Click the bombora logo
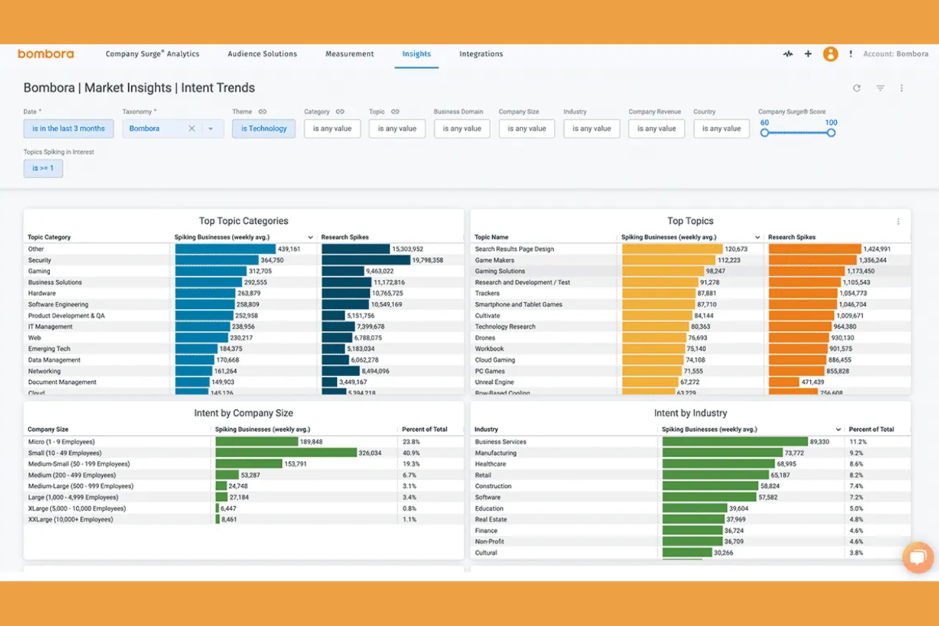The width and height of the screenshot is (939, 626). [x=46, y=54]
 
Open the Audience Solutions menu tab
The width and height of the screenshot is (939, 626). [x=262, y=54]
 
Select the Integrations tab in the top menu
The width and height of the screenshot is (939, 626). [x=481, y=54]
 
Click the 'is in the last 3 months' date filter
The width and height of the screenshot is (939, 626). [x=69, y=129]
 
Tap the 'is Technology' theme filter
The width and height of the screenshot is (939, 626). [x=263, y=129]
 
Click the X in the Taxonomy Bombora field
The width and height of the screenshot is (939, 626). [x=192, y=129]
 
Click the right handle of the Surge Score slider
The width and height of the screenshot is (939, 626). [x=831, y=133]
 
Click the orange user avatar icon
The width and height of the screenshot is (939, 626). [x=830, y=54]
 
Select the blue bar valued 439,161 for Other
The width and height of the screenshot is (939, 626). [x=225, y=249]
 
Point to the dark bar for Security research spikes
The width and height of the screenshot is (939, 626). [x=365, y=260]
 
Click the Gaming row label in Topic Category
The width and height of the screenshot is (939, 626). [x=39, y=271]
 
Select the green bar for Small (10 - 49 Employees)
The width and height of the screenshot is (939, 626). [x=286, y=453]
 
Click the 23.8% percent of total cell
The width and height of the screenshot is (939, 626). [x=410, y=442]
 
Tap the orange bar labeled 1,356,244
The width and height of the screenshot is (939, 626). [x=812, y=260]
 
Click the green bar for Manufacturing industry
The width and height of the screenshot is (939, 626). [x=722, y=453]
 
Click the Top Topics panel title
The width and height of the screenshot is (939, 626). [x=690, y=221]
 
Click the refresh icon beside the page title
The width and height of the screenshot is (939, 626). [x=857, y=88]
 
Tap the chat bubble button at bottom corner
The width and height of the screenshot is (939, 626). [x=917, y=558]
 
